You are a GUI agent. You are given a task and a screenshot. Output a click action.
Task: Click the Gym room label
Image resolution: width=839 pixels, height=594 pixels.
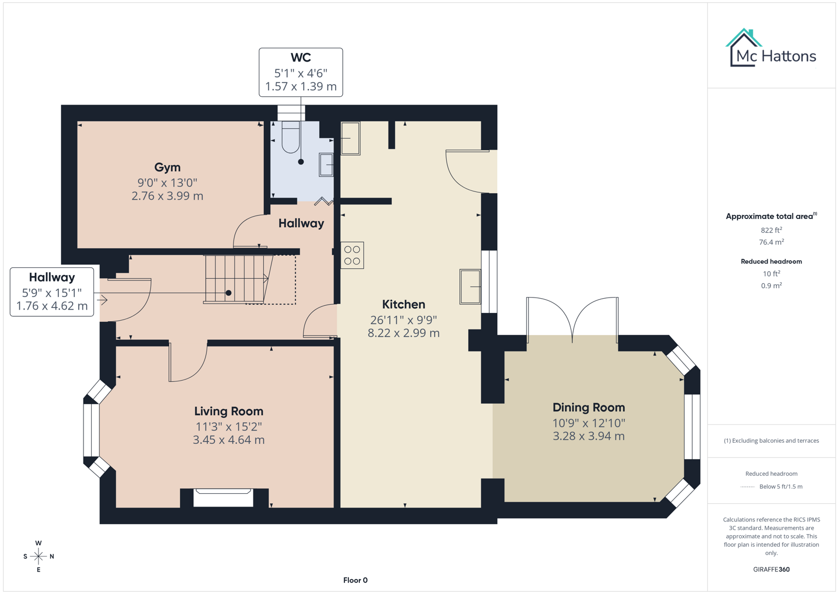(167, 167)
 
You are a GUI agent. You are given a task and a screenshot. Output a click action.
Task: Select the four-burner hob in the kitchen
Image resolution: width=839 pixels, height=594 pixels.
(352, 255)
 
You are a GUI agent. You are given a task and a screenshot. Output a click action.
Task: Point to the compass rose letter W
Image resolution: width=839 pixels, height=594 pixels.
(38, 543)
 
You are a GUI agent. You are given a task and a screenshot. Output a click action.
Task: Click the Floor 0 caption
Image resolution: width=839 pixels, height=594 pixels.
(355, 580)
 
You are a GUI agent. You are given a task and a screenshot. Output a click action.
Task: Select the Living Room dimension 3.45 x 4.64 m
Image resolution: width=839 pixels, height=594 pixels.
(229, 440)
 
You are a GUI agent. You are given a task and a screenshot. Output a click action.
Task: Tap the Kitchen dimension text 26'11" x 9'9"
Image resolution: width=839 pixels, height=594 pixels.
(403, 320)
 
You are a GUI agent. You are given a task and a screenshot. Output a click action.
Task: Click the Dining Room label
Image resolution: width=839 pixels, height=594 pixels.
(588, 408)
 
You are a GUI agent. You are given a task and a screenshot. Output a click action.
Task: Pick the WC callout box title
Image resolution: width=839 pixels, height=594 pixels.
(301, 58)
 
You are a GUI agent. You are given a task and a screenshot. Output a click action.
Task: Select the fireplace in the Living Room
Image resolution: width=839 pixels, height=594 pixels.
(224, 497)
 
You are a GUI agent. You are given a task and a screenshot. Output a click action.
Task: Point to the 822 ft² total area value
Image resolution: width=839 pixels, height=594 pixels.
(771, 230)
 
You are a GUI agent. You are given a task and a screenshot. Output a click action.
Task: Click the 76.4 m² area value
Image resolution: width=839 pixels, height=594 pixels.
(771, 242)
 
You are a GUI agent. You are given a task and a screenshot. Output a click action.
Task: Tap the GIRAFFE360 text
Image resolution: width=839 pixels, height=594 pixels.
(771, 569)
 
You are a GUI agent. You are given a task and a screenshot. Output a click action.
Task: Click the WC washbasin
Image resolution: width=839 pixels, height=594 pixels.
(326, 164)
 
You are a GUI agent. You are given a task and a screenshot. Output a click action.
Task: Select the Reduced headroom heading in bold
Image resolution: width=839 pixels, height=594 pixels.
(771, 261)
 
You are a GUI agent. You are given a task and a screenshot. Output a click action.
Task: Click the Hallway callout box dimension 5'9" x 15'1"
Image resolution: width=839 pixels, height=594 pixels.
(52, 293)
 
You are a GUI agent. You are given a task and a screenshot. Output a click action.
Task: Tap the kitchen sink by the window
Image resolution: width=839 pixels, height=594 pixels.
(470, 286)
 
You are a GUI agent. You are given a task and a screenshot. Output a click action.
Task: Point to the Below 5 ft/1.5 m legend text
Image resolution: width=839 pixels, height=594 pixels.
(780, 486)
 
